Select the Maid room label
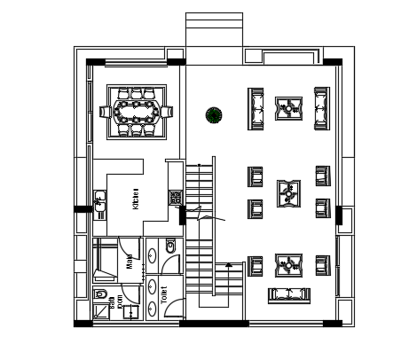[x=130, y=263]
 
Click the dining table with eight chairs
[x=137, y=112]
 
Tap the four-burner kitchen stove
[x=176, y=198]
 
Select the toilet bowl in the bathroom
[x=100, y=294]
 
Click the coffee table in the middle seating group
[x=287, y=192]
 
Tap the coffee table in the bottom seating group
[x=287, y=264]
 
